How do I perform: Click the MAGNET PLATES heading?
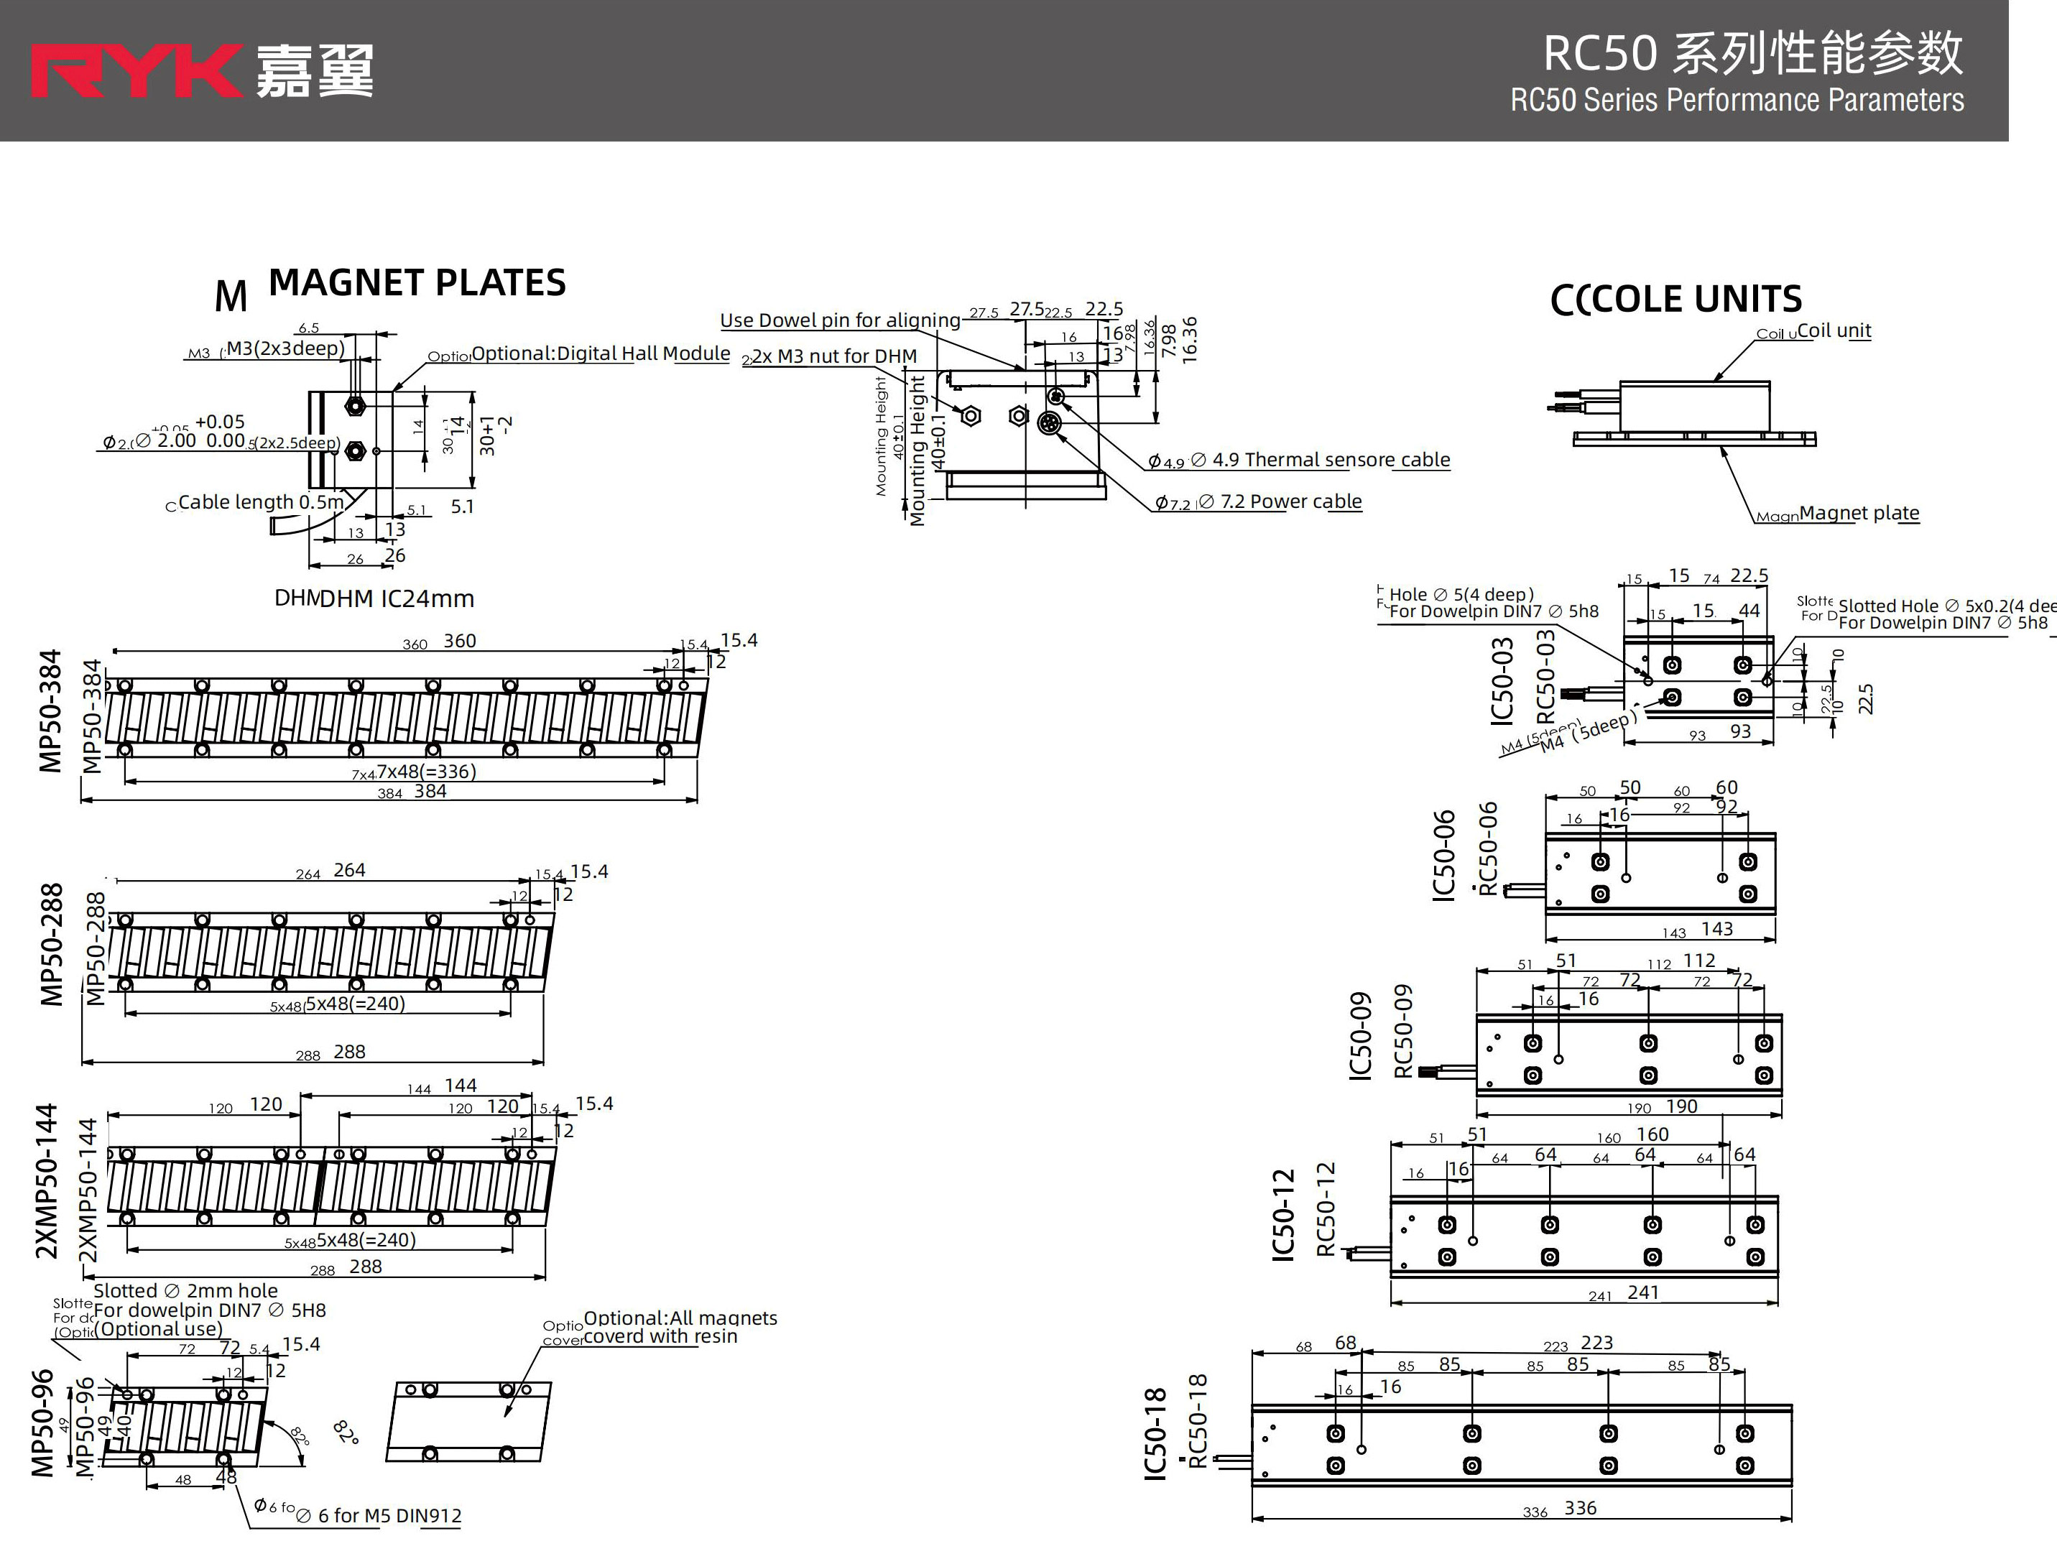pos(416,283)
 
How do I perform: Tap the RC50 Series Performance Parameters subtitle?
pos(1736,101)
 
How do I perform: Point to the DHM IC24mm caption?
pos(396,598)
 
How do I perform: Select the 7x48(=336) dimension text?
pos(425,772)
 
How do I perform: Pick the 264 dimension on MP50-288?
pos(349,871)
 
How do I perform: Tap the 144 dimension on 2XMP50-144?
pos(460,1086)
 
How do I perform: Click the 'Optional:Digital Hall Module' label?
pos(601,353)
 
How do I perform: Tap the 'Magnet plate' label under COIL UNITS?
pos(1858,513)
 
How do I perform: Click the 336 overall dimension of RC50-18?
pos(1579,1508)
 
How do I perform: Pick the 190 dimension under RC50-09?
pos(1681,1106)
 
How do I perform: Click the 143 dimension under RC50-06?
pos(1716,929)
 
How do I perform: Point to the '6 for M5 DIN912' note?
pos(389,1516)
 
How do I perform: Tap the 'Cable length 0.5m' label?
pos(261,503)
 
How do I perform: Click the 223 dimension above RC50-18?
pos(1596,1343)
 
